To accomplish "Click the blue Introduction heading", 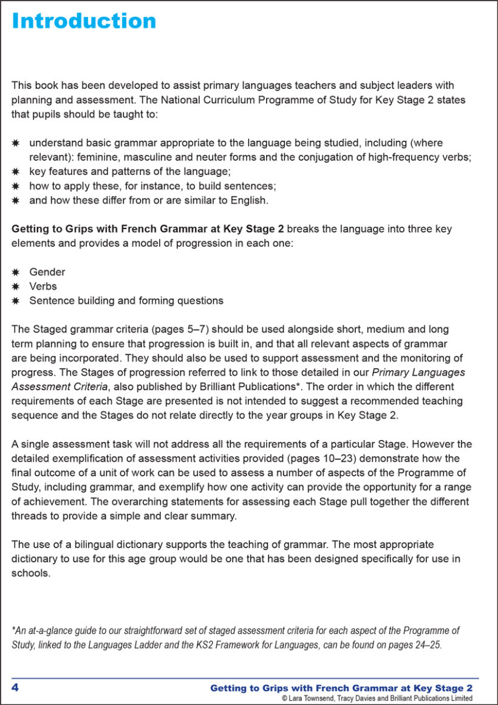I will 84,21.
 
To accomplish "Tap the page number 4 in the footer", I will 15,687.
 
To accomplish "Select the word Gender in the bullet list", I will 47,272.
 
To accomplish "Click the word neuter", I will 200,157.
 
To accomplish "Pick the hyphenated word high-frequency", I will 395,157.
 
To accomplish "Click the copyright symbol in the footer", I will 285,699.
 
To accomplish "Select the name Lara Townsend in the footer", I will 313,699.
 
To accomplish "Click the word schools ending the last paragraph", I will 30,573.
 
